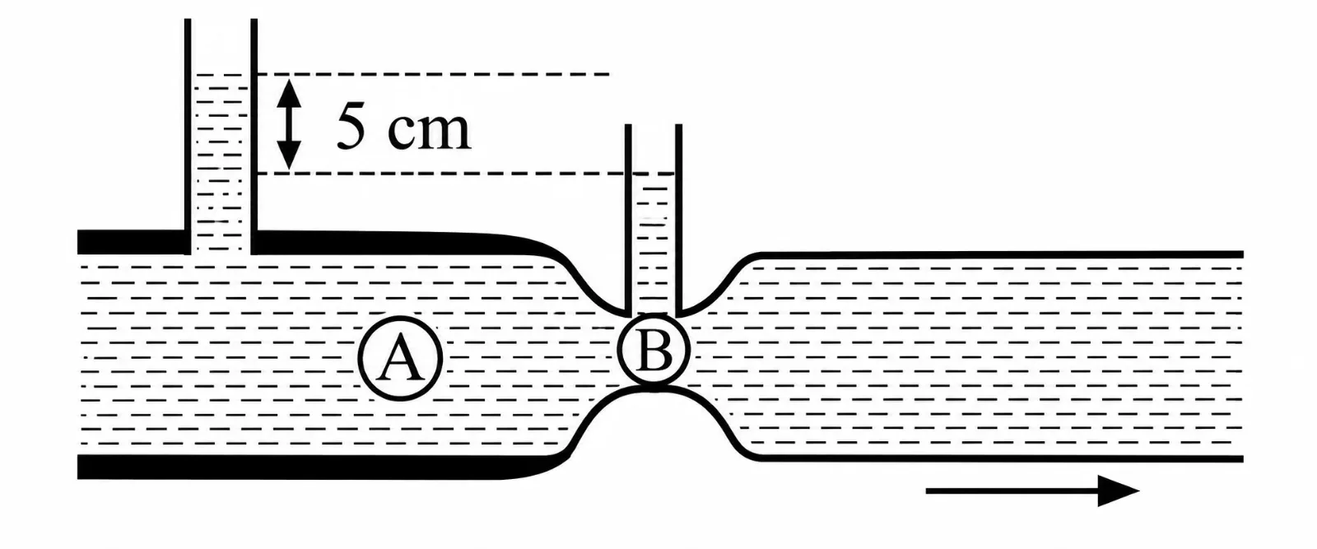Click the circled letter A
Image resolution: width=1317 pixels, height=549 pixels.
(400, 358)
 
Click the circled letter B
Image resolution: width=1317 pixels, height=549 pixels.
(654, 351)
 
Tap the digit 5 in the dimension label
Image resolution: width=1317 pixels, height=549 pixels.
(351, 126)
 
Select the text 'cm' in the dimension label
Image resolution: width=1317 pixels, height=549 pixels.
(430, 132)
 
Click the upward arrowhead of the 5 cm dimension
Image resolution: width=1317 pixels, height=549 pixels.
(289, 93)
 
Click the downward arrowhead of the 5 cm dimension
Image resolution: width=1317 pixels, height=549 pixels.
(289, 156)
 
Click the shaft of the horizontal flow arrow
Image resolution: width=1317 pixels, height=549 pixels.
(1012, 491)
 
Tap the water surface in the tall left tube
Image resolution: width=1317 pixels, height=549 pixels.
(221, 75)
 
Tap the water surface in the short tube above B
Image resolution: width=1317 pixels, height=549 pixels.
(654, 174)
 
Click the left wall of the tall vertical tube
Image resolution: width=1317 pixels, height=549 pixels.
(188, 137)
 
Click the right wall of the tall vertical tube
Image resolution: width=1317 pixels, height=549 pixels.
(254, 137)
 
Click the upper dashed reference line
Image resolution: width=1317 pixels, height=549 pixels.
(433, 75)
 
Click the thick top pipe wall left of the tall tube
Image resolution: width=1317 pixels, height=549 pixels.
(131, 242)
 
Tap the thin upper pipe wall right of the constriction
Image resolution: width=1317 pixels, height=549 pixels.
(999, 254)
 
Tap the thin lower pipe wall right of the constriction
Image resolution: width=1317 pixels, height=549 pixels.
(999, 458)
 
